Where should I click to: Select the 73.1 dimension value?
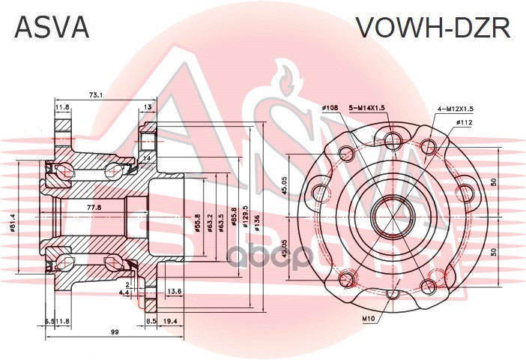pyautogui.click(x=97, y=95)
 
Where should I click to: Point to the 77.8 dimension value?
pyautogui.click(x=94, y=206)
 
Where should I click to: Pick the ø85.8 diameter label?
pyautogui.click(x=235, y=220)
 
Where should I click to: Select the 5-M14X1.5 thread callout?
pyautogui.click(x=366, y=108)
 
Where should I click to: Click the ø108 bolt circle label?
pyautogui.click(x=331, y=108)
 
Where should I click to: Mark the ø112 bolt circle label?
pyautogui.click(x=465, y=122)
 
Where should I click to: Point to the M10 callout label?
pyautogui.click(x=369, y=319)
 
